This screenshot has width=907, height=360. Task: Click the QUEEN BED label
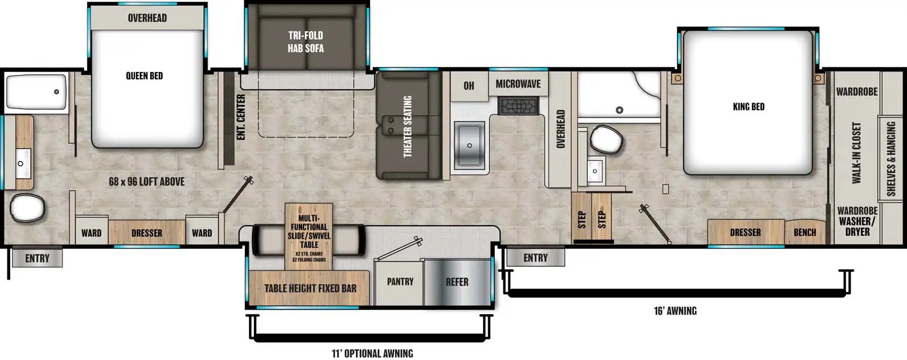[144, 76]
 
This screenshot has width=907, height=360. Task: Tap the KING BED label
[748, 107]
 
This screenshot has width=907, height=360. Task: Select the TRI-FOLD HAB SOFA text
[306, 42]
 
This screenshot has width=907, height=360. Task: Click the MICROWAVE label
[518, 84]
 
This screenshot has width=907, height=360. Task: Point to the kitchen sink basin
[469, 145]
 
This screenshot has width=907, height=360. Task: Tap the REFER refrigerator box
[457, 282]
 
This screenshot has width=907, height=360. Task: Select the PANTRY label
[400, 282]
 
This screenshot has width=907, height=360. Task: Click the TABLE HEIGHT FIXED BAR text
[310, 288]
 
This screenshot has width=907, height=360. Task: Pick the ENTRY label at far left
[37, 259]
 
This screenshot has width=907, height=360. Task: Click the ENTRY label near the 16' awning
[535, 258]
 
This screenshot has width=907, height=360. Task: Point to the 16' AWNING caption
[675, 311]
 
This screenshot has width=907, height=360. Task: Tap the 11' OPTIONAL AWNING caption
[372, 353]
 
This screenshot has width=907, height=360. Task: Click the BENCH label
[804, 232]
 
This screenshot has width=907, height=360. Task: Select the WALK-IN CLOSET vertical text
[856, 153]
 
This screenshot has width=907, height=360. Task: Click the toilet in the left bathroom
[27, 208]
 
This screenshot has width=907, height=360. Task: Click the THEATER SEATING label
[408, 126]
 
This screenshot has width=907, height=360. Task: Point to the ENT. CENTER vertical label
[241, 117]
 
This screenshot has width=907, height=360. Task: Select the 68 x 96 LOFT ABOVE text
[146, 182]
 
